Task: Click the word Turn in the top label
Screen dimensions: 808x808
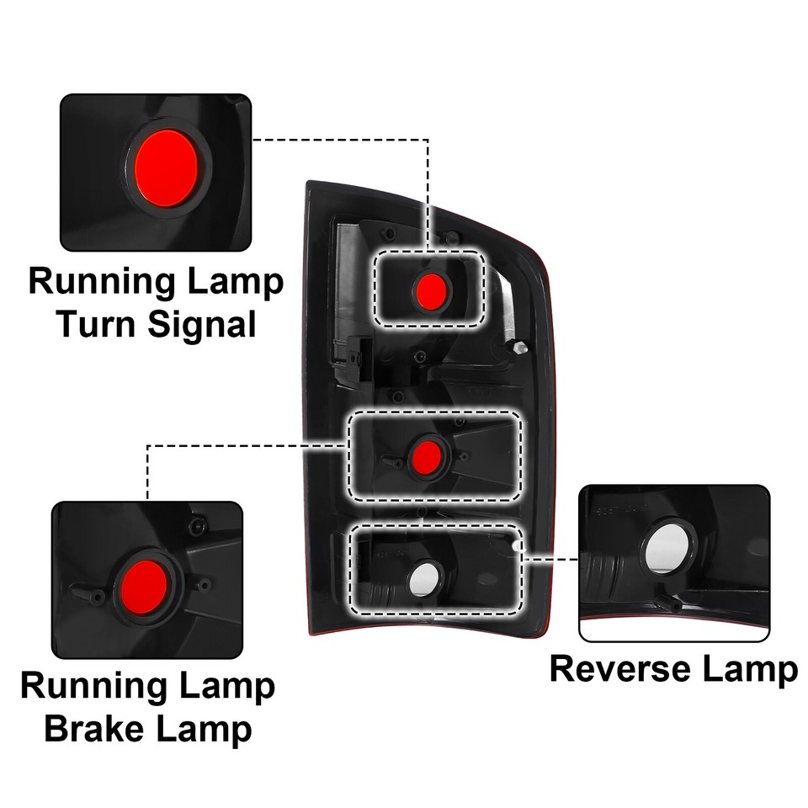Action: (98, 324)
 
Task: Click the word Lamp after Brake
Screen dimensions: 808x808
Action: (205, 729)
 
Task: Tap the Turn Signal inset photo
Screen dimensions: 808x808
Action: (156, 173)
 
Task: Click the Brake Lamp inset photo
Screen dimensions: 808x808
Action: (147, 581)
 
